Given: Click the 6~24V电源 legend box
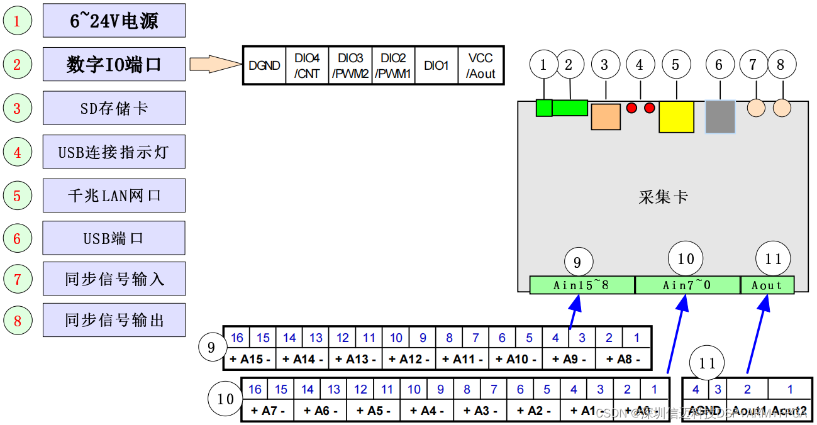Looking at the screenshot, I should pos(114,20).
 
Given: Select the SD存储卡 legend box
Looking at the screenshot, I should pos(114,108).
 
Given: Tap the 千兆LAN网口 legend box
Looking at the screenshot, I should pos(114,195).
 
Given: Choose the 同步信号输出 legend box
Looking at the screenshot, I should pos(114,319).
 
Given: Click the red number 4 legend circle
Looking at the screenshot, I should pos(17,152).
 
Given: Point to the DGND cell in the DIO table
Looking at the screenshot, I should pos(264,65).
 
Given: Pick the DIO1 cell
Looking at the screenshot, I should pos(436,65).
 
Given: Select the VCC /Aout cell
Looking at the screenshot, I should pos(481,65).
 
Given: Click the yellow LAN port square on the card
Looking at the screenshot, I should pos(676,117).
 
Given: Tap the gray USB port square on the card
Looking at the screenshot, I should pos(720,117).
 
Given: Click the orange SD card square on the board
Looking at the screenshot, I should pos(606,117).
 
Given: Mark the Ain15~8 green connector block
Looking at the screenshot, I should pos(581,285).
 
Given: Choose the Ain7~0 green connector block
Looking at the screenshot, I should pos(687,285).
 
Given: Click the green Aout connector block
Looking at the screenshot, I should pos(767,285).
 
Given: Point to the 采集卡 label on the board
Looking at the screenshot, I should pos(663,197).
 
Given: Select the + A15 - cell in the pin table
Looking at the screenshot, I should pos(250,360).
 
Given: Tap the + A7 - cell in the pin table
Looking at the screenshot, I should pos(268,411).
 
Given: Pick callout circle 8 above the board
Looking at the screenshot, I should pos(781,64).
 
